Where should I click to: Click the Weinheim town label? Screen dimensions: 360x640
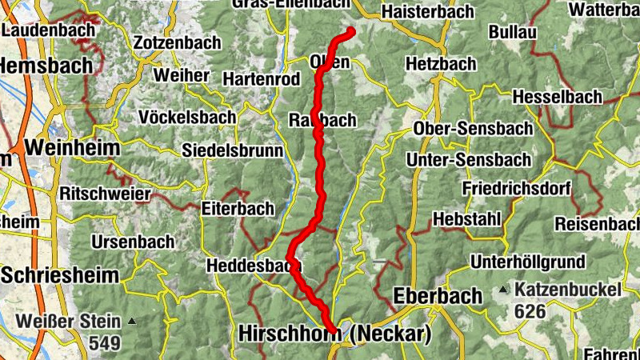(72, 148)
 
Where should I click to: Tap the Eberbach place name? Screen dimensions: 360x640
(438, 296)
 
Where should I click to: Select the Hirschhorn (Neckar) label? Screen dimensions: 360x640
(334, 334)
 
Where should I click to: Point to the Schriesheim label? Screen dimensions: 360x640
(60, 275)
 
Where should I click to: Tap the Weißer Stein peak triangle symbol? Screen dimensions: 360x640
(132, 322)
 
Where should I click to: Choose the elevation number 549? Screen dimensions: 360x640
(105, 344)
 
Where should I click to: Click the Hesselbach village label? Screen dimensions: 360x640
(557, 96)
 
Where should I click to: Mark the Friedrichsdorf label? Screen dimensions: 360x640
(516, 190)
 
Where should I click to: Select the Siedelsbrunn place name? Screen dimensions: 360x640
(233, 150)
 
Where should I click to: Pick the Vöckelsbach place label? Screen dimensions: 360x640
(187, 117)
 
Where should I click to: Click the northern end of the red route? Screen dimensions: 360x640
(350, 32)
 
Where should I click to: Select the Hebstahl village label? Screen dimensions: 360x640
(466, 219)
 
